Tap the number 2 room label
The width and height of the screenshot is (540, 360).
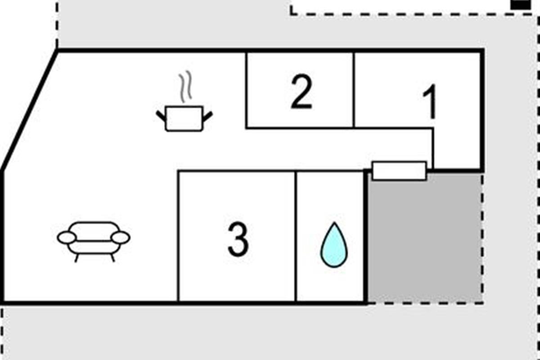click(301, 93)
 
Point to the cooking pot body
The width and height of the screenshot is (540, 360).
click(184, 119)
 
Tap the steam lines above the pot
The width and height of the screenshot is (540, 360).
click(185, 86)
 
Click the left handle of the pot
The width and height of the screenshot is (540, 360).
click(161, 116)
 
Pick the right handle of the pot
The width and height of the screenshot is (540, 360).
click(207, 116)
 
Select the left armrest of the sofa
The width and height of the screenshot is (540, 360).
click(66, 238)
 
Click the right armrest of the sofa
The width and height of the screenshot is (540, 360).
click(120, 238)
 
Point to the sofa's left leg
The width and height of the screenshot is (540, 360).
click(76, 258)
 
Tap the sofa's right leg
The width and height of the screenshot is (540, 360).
click(112, 258)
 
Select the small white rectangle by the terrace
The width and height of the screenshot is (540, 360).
click(399, 171)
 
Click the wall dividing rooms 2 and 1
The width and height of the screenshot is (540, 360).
click(354, 90)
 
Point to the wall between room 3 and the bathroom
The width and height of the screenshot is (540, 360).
click(296, 236)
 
